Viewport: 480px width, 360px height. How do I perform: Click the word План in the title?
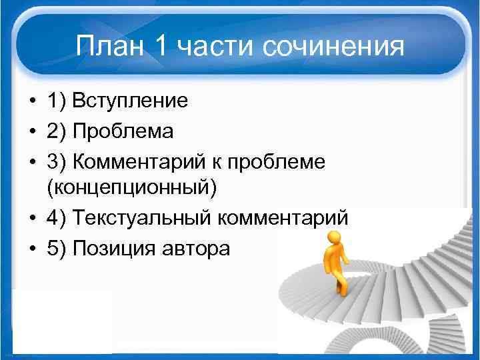point(109,47)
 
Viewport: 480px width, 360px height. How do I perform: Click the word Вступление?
point(130,101)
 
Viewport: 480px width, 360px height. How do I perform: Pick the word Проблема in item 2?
point(123,131)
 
